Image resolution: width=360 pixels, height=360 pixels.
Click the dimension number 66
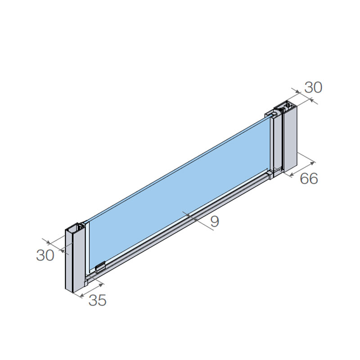click(309, 178)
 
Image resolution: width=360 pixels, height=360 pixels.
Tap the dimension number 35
click(97, 300)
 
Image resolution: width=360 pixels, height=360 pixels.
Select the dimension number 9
click(215, 221)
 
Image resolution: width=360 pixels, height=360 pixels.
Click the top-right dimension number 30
click(313, 87)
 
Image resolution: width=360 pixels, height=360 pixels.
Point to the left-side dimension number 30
click(45, 255)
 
